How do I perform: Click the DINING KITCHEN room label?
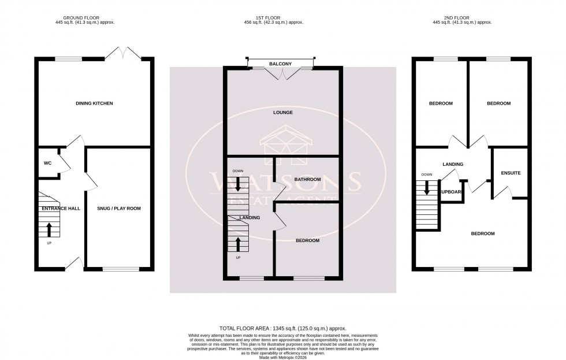(x=94, y=103)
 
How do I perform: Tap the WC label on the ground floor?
(x=48, y=164)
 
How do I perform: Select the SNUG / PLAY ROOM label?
(x=119, y=208)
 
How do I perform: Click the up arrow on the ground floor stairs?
(x=49, y=229)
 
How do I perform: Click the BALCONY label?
(x=280, y=64)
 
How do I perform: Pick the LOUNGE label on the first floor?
(x=283, y=112)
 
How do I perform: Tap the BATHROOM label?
(x=307, y=179)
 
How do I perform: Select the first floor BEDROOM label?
(x=307, y=240)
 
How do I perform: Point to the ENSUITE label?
(x=511, y=173)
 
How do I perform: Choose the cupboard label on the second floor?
(x=451, y=191)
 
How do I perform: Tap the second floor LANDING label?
(x=453, y=164)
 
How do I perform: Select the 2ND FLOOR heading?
(x=461, y=17)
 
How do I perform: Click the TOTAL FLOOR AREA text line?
(x=282, y=328)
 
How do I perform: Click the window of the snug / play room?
(x=121, y=269)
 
